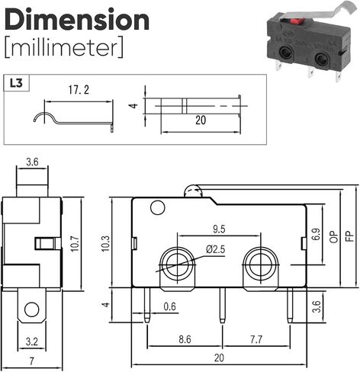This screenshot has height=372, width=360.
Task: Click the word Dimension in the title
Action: click(x=77, y=20)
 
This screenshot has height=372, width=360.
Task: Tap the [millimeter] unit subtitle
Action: click(x=64, y=47)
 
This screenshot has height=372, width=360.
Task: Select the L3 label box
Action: click(x=17, y=83)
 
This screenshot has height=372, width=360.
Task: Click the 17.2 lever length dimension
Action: click(x=79, y=90)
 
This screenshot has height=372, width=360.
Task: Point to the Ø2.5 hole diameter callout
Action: click(x=215, y=249)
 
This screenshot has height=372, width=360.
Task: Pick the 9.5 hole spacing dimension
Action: click(x=219, y=229)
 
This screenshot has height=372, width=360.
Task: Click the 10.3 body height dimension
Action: click(x=105, y=243)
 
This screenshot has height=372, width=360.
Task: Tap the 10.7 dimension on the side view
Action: click(x=75, y=243)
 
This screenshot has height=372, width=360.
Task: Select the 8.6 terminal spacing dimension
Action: click(x=185, y=339)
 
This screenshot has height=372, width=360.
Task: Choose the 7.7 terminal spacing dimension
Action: click(x=256, y=339)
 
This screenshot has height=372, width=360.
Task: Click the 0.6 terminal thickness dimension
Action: click(x=169, y=306)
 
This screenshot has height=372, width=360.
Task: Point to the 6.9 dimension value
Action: click(x=317, y=234)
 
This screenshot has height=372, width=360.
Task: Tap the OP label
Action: click(x=334, y=236)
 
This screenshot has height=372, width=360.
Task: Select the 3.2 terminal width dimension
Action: click(x=32, y=342)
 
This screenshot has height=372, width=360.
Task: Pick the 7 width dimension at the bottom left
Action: click(x=32, y=361)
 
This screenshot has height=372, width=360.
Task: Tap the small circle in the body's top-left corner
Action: click(x=158, y=208)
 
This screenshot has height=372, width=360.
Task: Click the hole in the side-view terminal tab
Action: click(x=32, y=309)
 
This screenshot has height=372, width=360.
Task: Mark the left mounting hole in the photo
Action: click(x=285, y=53)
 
